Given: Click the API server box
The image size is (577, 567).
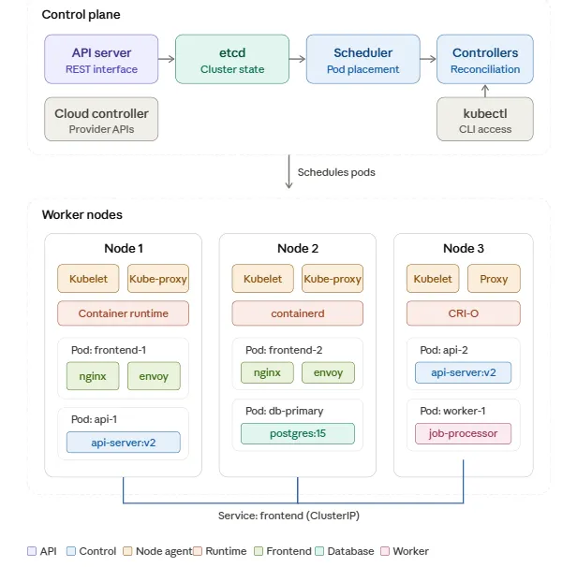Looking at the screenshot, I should pyautogui.click(x=101, y=60).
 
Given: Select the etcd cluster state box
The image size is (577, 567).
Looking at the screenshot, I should pyautogui.click(x=231, y=60).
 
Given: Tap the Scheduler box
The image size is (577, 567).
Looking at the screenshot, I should pyautogui.click(x=362, y=60).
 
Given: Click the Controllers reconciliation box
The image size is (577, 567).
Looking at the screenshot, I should pyautogui.click(x=484, y=60).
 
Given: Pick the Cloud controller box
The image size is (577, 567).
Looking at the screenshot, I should pyautogui.click(x=101, y=120).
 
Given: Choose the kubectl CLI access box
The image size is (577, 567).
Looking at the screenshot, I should pyautogui.click(x=484, y=120).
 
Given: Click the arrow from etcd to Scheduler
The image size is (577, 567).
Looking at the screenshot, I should pyautogui.click(x=297, y=60).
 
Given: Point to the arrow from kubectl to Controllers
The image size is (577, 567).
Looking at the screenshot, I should pyautogui.click(x=484, y=91).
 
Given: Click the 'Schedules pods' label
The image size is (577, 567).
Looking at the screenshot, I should pyautogui.click(x=336, y=172).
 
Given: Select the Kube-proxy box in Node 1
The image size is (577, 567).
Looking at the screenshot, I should pyautogui.click(x=158, y=279).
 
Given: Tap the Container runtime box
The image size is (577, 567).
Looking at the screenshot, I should pyautogui.click(x=123, y=313).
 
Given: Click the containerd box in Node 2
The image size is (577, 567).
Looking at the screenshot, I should pyautogui.click(x=297, y=313).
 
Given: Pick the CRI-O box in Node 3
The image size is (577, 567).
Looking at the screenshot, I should pyautogui.click(x=463, y=313).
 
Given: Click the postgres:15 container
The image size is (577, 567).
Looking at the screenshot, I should pyautogui.click(x=297, y=433).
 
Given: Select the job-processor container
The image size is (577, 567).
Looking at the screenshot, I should pyautogui.click(x=463, y=433).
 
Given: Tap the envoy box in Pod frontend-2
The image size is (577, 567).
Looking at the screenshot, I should pyautogui.click(x=328, y=372).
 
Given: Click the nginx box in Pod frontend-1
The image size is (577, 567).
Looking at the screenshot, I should pyautogui.click(x=92, y=376).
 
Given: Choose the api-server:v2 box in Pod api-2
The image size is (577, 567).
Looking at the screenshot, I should pyautogui.click(x=463, y=372).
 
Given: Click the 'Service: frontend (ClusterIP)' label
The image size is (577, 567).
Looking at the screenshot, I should pyautogui.click(x=298, y=515).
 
